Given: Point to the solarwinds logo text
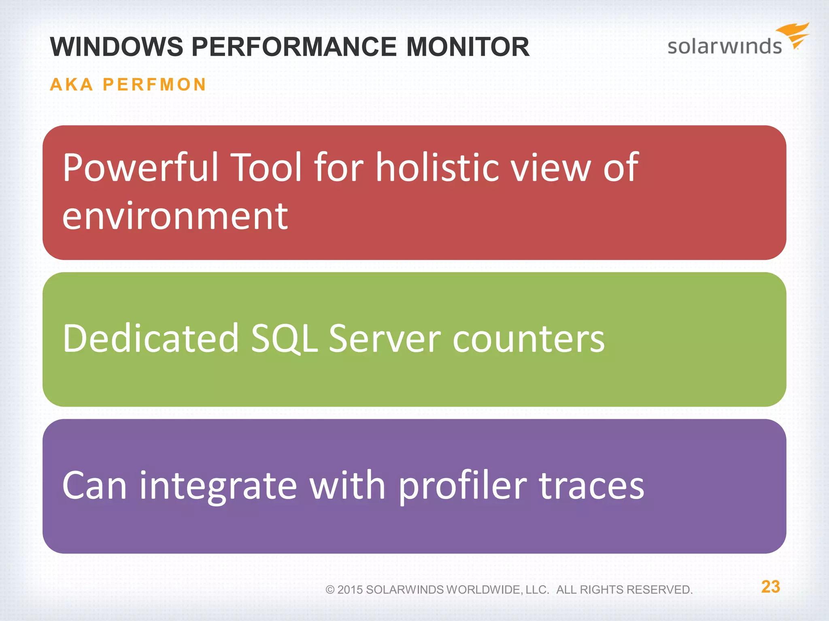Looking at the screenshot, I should (724, 46).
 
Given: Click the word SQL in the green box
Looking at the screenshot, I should (284, 338).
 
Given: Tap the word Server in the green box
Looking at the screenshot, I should (385, 338).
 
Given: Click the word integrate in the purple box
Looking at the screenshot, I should (218, 486).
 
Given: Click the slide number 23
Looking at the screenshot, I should (770, 587).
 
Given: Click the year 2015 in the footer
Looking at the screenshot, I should (350, 590).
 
